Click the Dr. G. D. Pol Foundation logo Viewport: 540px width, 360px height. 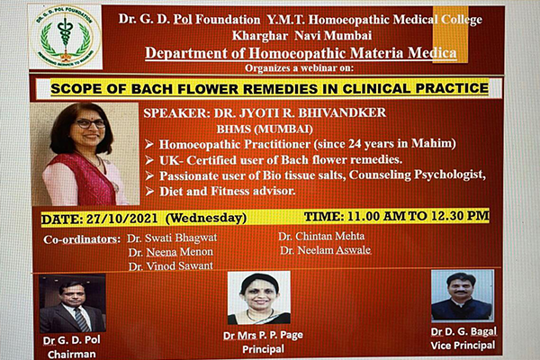pos(66,37)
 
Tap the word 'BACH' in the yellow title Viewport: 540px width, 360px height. pos(151,89)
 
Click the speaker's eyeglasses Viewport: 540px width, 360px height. pos(90,123)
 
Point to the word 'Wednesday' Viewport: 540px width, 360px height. pos(206,218)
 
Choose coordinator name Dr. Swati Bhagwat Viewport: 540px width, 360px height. pos(172,238)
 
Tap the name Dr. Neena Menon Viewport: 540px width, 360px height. pos(171,252)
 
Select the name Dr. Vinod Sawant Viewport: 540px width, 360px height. pos(171,266)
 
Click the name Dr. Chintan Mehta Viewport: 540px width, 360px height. pos(321,236)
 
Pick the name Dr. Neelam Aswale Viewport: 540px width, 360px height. pos(326,250)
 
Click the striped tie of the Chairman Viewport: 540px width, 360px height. pos(82,319)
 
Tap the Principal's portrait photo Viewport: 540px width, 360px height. pos(259,298)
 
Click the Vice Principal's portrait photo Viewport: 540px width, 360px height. pos(463,295)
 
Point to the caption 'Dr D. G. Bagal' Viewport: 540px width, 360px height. pos(463,332)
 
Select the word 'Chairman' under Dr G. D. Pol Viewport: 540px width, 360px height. pos(72,354)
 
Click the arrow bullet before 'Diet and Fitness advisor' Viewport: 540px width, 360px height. pos(149,191)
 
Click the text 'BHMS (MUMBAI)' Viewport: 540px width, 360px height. pos(265,130)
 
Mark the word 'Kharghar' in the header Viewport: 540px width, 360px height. pos(260,36)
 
